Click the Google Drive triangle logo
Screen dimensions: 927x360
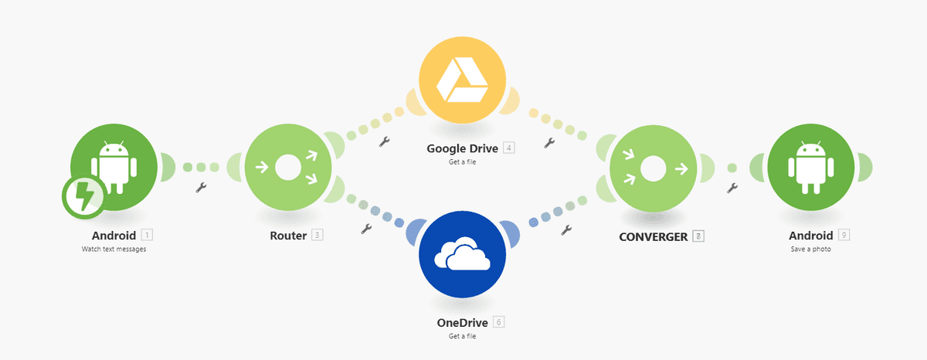[x=462, y=80]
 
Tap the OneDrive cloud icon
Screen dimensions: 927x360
[x=462, y=253]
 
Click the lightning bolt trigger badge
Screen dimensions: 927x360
[x=84, y=196]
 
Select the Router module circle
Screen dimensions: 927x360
[x=288, y=167]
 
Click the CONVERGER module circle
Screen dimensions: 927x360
[x=653, y=168]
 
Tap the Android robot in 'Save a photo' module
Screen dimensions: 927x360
[x=810, y=167]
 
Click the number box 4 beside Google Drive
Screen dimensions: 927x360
[x=508, y=148]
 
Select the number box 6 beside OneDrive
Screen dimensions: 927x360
[x=499, y=322]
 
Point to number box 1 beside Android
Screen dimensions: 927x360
[x=147, y=235]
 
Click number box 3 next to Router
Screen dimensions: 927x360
[x=317, y=235]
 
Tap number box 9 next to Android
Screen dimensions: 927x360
[x=844, y=235]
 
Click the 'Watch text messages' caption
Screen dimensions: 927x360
[x=114, y=249]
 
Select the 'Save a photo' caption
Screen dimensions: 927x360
[x=810, y=249]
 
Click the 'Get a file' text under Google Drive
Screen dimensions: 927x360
[x=462, y=161]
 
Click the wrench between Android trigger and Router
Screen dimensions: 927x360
[x=201, y=188]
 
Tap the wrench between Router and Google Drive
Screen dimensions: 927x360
[x=385, y=142]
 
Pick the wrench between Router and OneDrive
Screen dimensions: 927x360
[x=366, y=229]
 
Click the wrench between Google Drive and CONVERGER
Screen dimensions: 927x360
[x=549, y=143]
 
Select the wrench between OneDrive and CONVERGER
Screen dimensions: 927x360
[x=566, y=230]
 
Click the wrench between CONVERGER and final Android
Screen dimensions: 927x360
[x=732, y=188]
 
